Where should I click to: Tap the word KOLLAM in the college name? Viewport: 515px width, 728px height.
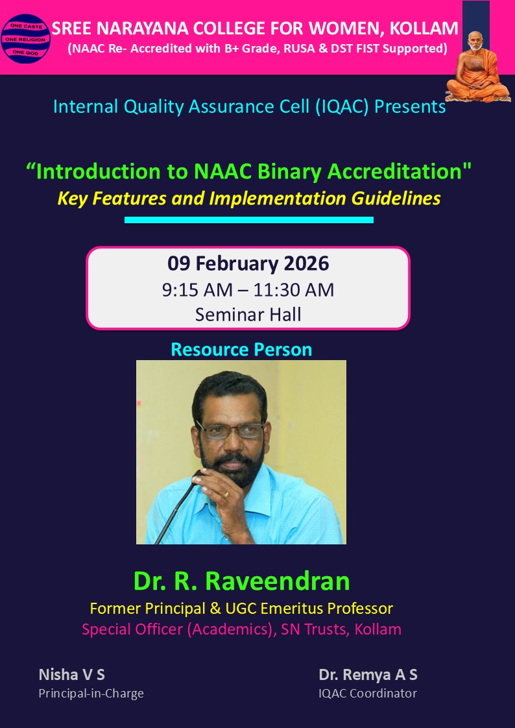click(426, 29)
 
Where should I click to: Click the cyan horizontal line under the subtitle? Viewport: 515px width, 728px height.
click(248, 220)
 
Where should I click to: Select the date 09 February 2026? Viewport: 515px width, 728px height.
click(248, 263)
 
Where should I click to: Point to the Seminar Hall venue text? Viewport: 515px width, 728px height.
click(248, 315)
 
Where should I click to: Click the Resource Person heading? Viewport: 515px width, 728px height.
click(241, 350)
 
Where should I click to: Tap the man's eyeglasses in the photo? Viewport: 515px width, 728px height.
click(230, 430)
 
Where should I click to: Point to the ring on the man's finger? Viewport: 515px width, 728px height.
click(225, 494)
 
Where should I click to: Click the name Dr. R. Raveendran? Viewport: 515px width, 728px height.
click(241, 581)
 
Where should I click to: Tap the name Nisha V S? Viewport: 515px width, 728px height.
click(71, 675)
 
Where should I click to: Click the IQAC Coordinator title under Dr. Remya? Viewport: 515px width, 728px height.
click(367, 694)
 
